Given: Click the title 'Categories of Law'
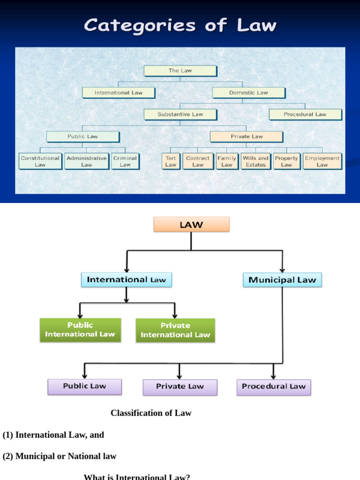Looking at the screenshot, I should pos(180,25).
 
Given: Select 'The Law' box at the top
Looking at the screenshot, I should pos(180,71).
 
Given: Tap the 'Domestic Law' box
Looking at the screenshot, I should pos(248,92).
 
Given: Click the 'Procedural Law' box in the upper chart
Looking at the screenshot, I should pos(305,114).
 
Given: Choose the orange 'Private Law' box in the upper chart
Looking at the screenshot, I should pos(246,136).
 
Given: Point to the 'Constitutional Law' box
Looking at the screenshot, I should pos(40,161).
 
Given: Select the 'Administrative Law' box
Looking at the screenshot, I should pos(86,161).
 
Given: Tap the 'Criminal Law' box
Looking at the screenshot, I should pos(125,161).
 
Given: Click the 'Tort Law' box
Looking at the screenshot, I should pos(171,161).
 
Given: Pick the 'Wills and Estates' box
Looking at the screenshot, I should pos(255,161).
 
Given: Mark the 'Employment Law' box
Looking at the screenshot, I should pos(322,161).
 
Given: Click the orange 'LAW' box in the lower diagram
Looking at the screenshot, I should pos(191,225).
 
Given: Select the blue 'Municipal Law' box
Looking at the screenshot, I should pos(282,280).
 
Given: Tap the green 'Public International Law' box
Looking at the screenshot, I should pos(80,330).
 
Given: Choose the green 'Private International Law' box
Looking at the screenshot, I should pos(175,330).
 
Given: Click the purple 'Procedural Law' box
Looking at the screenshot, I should pos(273,387).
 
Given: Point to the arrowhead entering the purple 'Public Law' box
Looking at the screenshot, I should pos(84,376).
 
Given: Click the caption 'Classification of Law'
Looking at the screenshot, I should pos(151,413).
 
